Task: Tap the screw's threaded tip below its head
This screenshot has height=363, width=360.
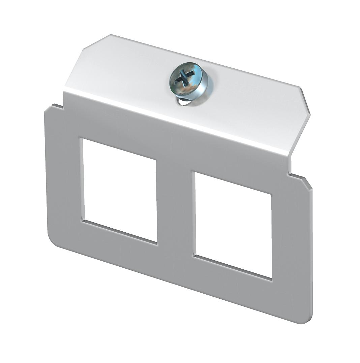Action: tap(184, 102)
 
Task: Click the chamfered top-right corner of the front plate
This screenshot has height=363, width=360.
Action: tap(307, 182)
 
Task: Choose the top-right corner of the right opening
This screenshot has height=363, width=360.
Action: tap(271, 194)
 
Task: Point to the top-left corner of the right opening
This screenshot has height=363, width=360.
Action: tap(194, 173)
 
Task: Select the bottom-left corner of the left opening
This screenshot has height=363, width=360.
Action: tap(83, 221)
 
